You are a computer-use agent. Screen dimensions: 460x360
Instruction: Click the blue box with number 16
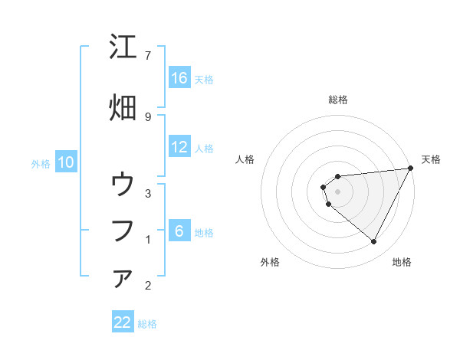click(x=179, y=78)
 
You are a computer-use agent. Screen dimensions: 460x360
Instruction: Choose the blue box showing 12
click(x=179, y=147)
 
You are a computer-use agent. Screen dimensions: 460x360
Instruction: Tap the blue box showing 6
click(x=179, y=231)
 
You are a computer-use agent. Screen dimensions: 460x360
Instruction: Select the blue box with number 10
click(x=66, y=162)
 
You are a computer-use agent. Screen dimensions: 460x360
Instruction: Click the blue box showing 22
click(x=123, y=322)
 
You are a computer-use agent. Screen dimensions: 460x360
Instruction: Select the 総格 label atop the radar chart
click(x=338, y=100)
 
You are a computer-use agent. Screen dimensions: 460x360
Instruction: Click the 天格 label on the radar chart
click(x=432, y=159)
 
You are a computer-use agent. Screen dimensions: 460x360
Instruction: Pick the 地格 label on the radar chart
click(x=402, y=262)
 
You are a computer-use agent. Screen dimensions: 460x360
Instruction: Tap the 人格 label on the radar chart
click(x=245, y=159)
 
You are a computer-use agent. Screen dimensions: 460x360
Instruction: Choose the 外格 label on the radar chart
click(x=270, y=262)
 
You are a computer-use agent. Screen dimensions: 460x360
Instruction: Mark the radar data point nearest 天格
click(x=412, y=168)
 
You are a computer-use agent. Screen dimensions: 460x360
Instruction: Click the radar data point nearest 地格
click(x=374, y=242)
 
